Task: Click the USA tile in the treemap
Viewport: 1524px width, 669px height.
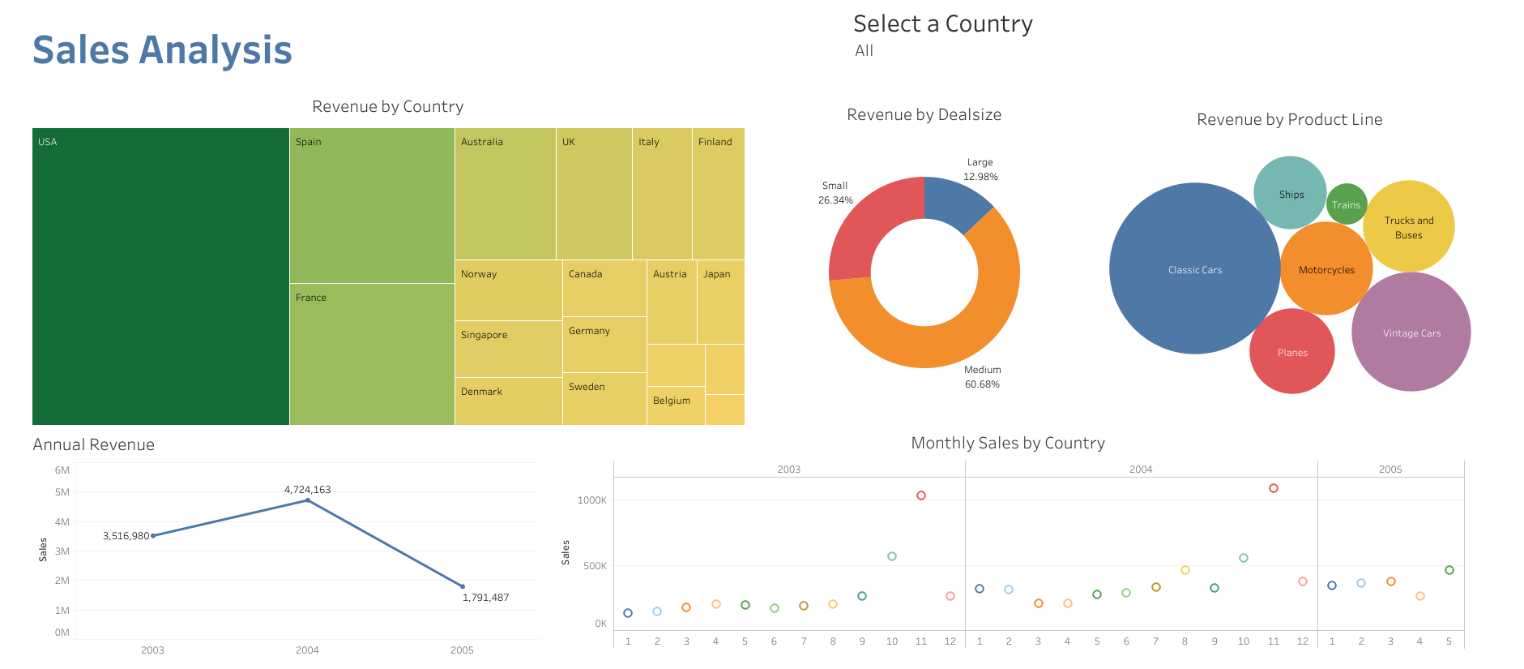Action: tap(160, 276)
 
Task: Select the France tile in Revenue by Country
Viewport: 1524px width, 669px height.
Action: tap(371, 354)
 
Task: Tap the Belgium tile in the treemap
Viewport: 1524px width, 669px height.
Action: tap(675, 405)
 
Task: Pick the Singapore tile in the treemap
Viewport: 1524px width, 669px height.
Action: tap(508, 349)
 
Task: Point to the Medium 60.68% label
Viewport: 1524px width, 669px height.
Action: tap(982, 377)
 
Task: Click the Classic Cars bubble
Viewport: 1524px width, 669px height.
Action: tap(1194, 269)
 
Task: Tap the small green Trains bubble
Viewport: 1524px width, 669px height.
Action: tap(1346, 205)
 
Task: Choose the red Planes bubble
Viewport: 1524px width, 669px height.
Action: tap(1291, 352)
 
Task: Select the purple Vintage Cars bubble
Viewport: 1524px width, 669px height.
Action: tap(1411, 332)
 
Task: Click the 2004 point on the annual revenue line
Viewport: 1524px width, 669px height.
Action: tap(307, 500)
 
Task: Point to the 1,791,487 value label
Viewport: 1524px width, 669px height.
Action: tap(485, 598)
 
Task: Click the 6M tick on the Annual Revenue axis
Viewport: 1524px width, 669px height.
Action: tap(62, 470)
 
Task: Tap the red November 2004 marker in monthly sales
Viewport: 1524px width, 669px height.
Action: tap(1273, 488)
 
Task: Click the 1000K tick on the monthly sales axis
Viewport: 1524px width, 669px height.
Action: tap(591, 500)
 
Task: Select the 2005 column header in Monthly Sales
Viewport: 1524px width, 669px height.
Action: tap(1390, 470)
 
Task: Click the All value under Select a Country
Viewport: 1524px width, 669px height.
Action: tap(864, 51)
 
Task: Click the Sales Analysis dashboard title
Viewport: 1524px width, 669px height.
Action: tap(162, 50)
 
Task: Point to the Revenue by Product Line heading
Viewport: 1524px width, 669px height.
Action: tap(1289, 120)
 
